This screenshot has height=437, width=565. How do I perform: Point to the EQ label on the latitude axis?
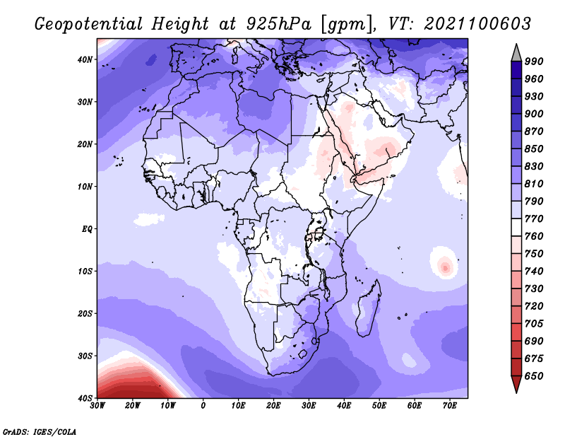(x=86, y=228)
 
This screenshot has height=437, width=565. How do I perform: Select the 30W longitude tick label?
(x=97, y=406)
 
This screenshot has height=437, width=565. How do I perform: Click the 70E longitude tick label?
(x=450, y=406)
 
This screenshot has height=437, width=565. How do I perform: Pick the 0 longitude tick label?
(x=203, y=406)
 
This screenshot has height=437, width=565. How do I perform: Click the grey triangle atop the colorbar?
(x=516, y=51)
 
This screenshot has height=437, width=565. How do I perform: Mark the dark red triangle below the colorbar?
(x=516, y=383)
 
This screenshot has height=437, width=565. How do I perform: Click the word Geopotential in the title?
(x=87, y=23)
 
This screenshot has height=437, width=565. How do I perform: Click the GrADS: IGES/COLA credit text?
(x=40, y=431)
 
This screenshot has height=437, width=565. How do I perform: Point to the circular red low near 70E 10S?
(x=445, y=266)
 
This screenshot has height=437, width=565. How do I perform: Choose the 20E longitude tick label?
(x=274, y=406)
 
